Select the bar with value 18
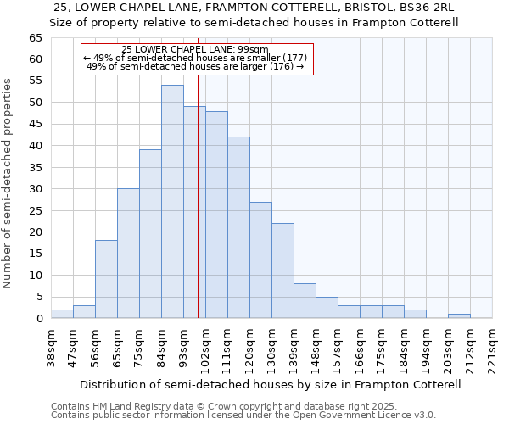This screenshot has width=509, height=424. pyautogui.click(x=106, y=279)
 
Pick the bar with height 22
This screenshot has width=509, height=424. pyautogui.click(x=282, y=271)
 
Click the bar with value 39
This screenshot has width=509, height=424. pyautogui.click(x=150, y=234)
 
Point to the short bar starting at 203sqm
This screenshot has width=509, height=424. pyautogui.click(x=459, y=316)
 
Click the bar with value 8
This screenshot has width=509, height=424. pyautogui.click(x=305, y=301)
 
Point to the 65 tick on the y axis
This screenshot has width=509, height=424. pyautogui.click(x=35, y=38)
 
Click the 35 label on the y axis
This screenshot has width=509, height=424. pyautogui.click(x=35, y=168)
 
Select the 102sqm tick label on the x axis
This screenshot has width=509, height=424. pyautogui.click(x=205, y=348)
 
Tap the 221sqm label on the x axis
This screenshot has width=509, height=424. pyautogui.click(x=492, y=348)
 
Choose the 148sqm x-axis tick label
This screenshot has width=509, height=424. pyautogui.click(x=316, y=348)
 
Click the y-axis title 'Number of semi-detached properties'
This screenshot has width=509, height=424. pyautogui.click(x=8, y=182)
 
